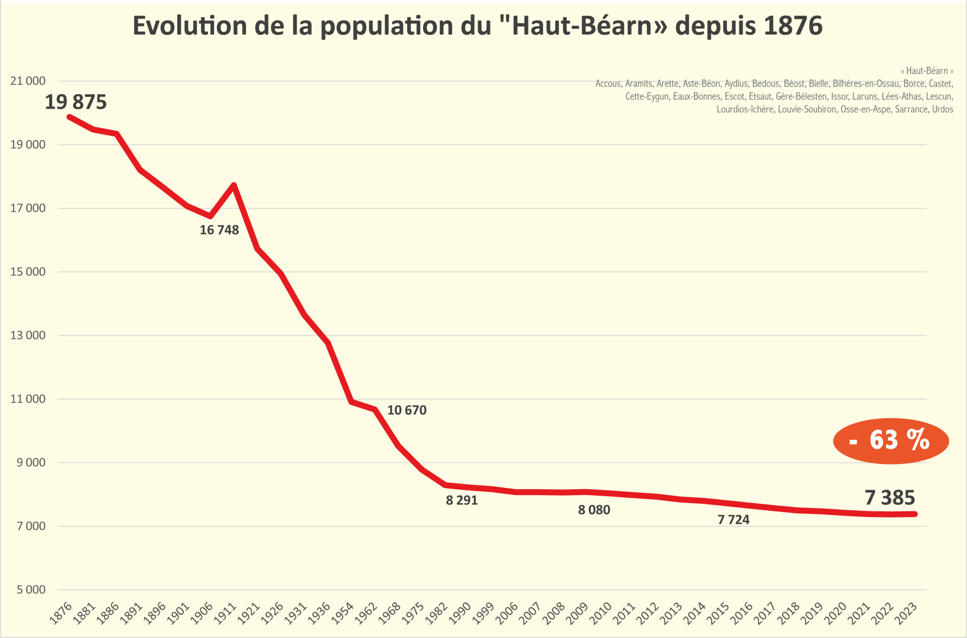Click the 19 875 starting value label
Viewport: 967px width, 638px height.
pyautogui.click(x=76, y=102)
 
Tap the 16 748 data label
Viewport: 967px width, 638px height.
pyautogui.click(x=219, y=230)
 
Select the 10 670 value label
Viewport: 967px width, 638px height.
pyautogui.click(x=407, y=410)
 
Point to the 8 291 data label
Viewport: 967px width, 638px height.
pyautogui.click(x=462, y=500)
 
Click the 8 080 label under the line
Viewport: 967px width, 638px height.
pyautogui.click(x=594, y=510)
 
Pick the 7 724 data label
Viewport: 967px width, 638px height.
pyautogui.click(x=733, y=520)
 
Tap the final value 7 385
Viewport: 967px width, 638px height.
pyautogui.click(x=890, y=497)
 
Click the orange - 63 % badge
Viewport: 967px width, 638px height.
pyautogui.click(x=891, y=441)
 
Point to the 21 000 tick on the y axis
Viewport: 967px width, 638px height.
pyautogui.click(x=28, y=81)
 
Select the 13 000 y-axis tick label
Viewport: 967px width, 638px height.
pyautogui.click(x=28, y=335)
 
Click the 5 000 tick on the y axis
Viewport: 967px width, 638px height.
pyautogui.click(x=31, y=590)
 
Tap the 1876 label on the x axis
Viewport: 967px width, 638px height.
pyautogui.click(x=60, y=613)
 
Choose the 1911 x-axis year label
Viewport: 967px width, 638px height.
pyautogui.click(x=225, y=613)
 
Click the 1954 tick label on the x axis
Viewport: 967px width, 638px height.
pyautogui.click(x=342, y=613)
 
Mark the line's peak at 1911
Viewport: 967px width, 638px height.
pyautogui.click(x=234, y=186)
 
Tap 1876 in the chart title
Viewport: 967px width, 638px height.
pyautogui.click(x=793, y=26)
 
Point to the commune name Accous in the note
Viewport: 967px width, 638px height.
pyautogui.click(x=608, y=84)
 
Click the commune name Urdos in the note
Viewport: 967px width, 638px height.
pyautogui.click(x=942, y=109)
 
